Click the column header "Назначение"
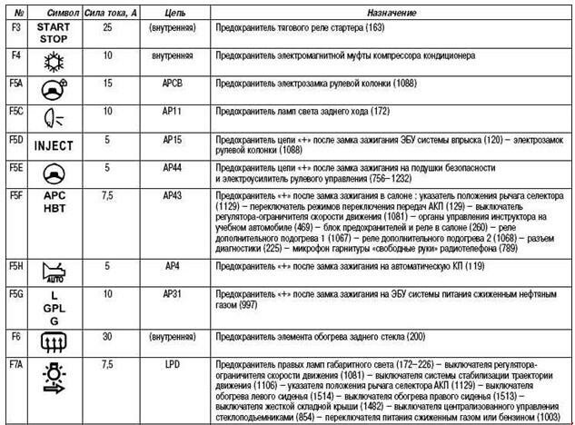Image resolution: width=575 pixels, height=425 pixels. click(392, 13)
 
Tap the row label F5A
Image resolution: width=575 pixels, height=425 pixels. click(15, 82)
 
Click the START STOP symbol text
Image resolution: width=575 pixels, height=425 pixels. click(54, 34)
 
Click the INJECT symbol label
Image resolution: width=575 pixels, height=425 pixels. click(54, 145)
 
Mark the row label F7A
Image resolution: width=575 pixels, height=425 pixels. click(15, 363)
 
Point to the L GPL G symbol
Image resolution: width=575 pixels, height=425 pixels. click(54, 308)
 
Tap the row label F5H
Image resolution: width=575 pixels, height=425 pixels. click(15, 265)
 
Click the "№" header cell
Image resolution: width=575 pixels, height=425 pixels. click(15, 13)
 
